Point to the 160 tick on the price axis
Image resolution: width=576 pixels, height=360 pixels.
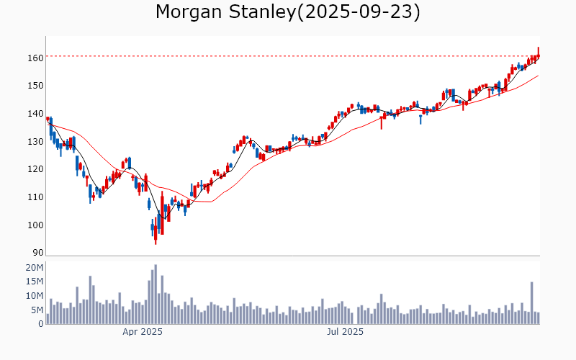click(x=36, y=58)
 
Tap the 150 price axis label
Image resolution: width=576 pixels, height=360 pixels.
click(x=36, y=86)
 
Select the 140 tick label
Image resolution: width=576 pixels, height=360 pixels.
click(x=36, y=114)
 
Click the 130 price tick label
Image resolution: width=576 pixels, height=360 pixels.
click(x=36, y=142)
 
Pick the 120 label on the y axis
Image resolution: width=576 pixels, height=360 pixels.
click(x=36, y=169)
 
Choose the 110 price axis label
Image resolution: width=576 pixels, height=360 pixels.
click(x=36, y=197)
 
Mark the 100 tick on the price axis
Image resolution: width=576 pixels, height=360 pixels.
click(x=36, y=225)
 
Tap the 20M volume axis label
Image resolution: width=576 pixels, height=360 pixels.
click(x=35, y=268)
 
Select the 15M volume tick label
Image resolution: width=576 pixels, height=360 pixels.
click(x=35, y=282)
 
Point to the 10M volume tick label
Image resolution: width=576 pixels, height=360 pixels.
click(x=35, y=296)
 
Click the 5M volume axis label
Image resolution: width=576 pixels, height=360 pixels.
click(x=37, y=310)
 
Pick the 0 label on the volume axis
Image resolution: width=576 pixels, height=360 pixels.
click(x=40, y=324)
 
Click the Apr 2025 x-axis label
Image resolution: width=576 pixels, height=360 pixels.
click(x=142, y=333)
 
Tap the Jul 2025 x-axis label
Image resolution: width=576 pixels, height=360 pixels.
click(x=345, y=333)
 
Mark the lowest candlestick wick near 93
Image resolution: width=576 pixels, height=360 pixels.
click(x=156, y=242)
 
